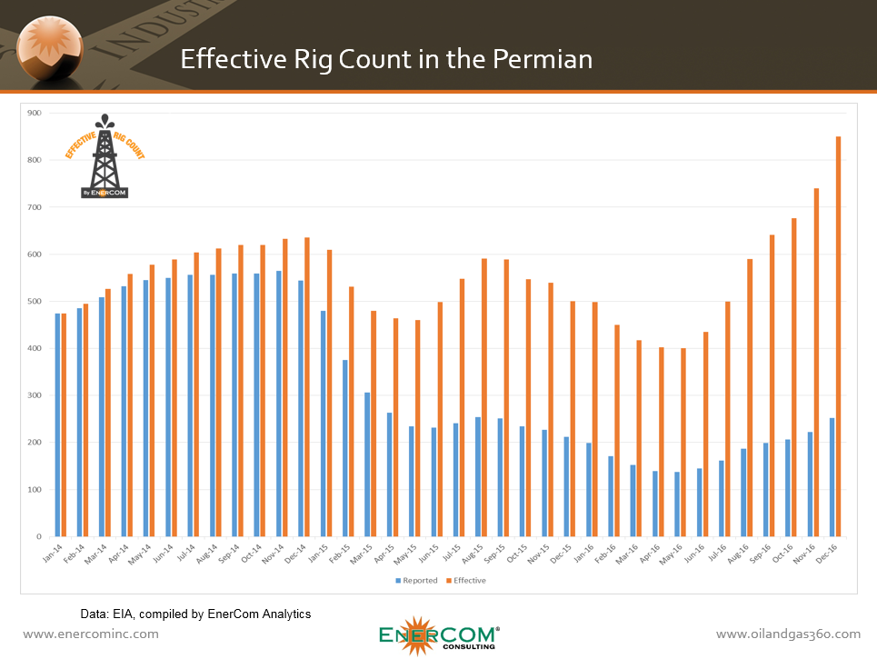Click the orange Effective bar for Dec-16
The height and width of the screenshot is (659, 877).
tap(838, 336)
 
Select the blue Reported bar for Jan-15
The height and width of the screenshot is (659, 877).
tap(324, 424)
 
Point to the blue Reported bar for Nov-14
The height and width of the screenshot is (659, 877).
tap(279, 404)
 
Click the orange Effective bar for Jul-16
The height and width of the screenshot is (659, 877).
tap(728, 419)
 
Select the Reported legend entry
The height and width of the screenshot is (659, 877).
tap(417, 581)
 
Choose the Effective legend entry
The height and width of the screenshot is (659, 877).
tap(466, 581)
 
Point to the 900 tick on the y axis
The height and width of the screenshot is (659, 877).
tap(34, 113)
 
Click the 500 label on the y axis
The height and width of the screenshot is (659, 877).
tap(34, 302)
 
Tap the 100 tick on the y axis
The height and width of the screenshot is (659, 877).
tap(34, 490)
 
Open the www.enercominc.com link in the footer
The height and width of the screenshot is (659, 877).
tap(91, 634)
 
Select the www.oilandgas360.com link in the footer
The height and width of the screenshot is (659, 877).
tap(788, 634)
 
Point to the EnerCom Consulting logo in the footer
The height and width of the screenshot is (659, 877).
tap(438, 634)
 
